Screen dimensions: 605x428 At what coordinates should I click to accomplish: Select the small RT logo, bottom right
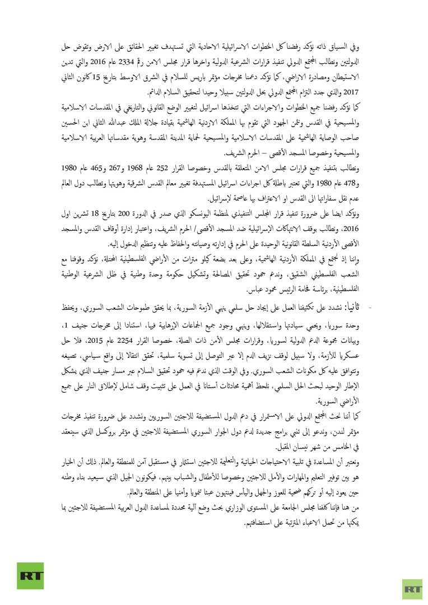(412, 588)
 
